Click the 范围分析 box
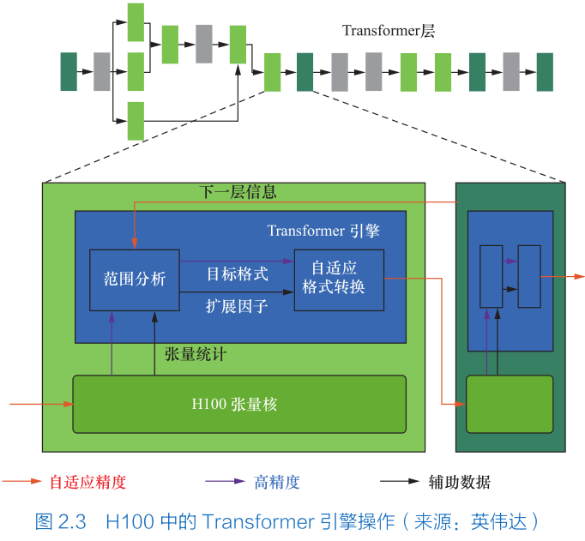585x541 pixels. (135, 280)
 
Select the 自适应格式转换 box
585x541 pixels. (339, 279)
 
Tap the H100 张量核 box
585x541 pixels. (238, 404)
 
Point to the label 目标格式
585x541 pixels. (238, 274)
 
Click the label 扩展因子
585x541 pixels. (238, 305)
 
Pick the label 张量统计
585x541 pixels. (196, 353)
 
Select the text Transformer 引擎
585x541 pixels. (323, 231)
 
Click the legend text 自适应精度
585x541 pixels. (87, 482)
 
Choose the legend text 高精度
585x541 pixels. (277, 482)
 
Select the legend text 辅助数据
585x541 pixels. (460, 482)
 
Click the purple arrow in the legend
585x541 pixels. (224, 482)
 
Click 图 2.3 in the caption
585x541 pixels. (62, 520)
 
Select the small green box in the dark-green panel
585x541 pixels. (510, 404)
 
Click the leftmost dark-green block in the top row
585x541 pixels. (69, 71)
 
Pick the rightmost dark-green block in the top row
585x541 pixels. (545, 71)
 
